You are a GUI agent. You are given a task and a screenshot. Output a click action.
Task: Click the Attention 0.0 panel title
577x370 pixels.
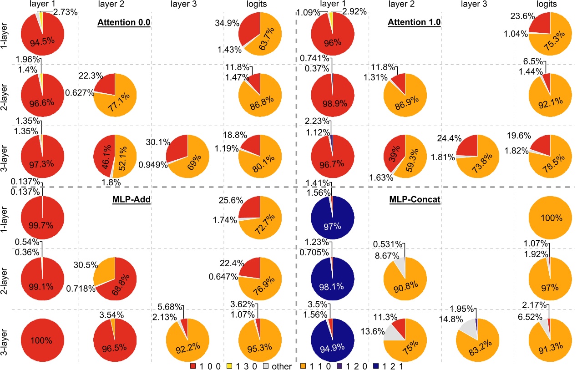(x=124, y=22)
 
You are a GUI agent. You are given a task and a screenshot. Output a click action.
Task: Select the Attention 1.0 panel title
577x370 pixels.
(x=414, y=22)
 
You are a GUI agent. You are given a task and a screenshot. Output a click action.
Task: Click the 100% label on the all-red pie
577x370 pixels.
(x=42, y=340)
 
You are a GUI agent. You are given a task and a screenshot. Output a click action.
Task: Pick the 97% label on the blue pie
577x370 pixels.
(x=332, y=226)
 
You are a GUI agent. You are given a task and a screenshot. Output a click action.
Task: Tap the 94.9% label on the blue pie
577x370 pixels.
(x=332, y=349)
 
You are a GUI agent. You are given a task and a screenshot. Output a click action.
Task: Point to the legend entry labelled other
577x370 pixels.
(x=282, y=365)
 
